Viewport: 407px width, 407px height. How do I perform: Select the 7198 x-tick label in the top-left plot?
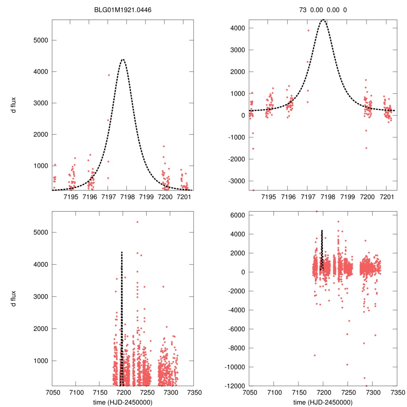pos(127,197)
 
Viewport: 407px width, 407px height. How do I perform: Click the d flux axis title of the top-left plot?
pos(14,105)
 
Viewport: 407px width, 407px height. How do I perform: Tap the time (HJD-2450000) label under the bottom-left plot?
pos(123,402)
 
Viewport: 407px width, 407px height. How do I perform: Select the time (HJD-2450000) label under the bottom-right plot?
pos(323,402)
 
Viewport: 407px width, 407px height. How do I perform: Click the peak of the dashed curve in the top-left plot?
pos(123,60)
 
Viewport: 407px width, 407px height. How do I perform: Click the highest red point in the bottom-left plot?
pos(137,222)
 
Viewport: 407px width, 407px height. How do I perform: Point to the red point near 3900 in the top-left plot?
pos(109,75)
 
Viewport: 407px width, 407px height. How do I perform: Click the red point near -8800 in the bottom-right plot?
pos(314,355)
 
